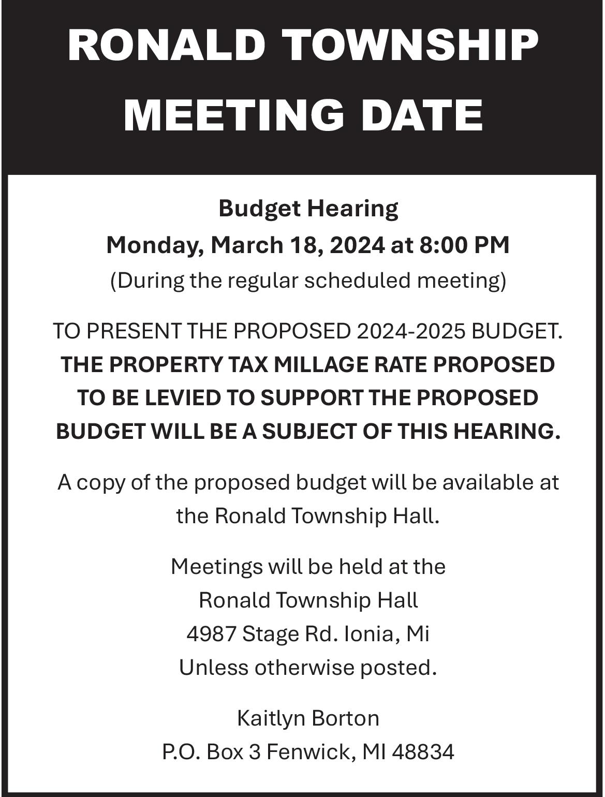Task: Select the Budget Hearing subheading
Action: pos(308,209)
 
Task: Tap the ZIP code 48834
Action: pos(423,752)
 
